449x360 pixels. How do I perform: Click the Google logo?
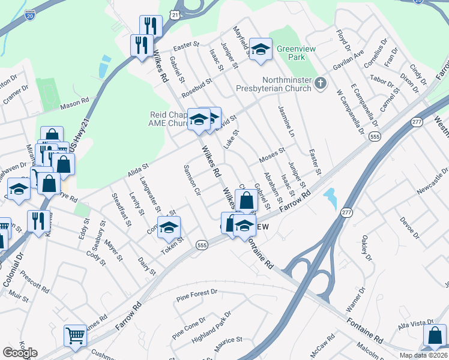click(x=20, y=353)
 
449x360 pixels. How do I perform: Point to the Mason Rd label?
click(x=74, y=106)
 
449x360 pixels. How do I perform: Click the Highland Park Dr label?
click(x=211, y=326)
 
